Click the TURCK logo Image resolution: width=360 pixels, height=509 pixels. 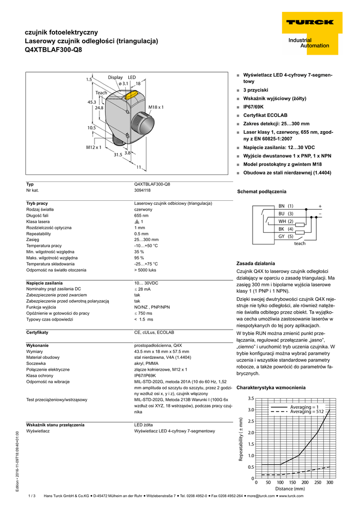tap(309, 22)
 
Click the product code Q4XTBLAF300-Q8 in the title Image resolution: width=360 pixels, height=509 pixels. tap(54, 50)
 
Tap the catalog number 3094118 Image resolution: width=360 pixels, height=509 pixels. tap(143, 190)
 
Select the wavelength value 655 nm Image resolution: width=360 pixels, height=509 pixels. tap(141, 216)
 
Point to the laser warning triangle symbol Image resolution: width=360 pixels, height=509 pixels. tap(137, 222)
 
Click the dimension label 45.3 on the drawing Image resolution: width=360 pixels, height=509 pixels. tap(91, 102)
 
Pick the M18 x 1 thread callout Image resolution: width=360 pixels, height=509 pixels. tap(156, 107)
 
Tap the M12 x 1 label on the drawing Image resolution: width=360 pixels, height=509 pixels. tap(93, 147)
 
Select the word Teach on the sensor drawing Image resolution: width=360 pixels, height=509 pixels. tap(101, 93)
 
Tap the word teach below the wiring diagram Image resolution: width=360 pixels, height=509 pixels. tap(300, 244)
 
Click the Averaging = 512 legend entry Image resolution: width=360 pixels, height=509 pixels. tap(307, 412)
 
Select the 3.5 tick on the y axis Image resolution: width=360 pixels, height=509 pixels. tap(251, 399)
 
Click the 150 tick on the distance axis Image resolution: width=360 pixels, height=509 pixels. tap(293, 483)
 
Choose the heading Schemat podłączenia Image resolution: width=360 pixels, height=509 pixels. tap(262, 191)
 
